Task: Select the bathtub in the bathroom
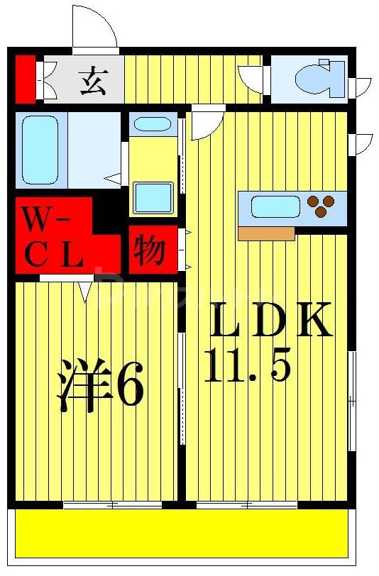[40, 150]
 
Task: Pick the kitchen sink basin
[275, 207]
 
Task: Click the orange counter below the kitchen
[266, 234]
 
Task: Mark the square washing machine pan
[153, 198]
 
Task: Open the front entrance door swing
[94, 27]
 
